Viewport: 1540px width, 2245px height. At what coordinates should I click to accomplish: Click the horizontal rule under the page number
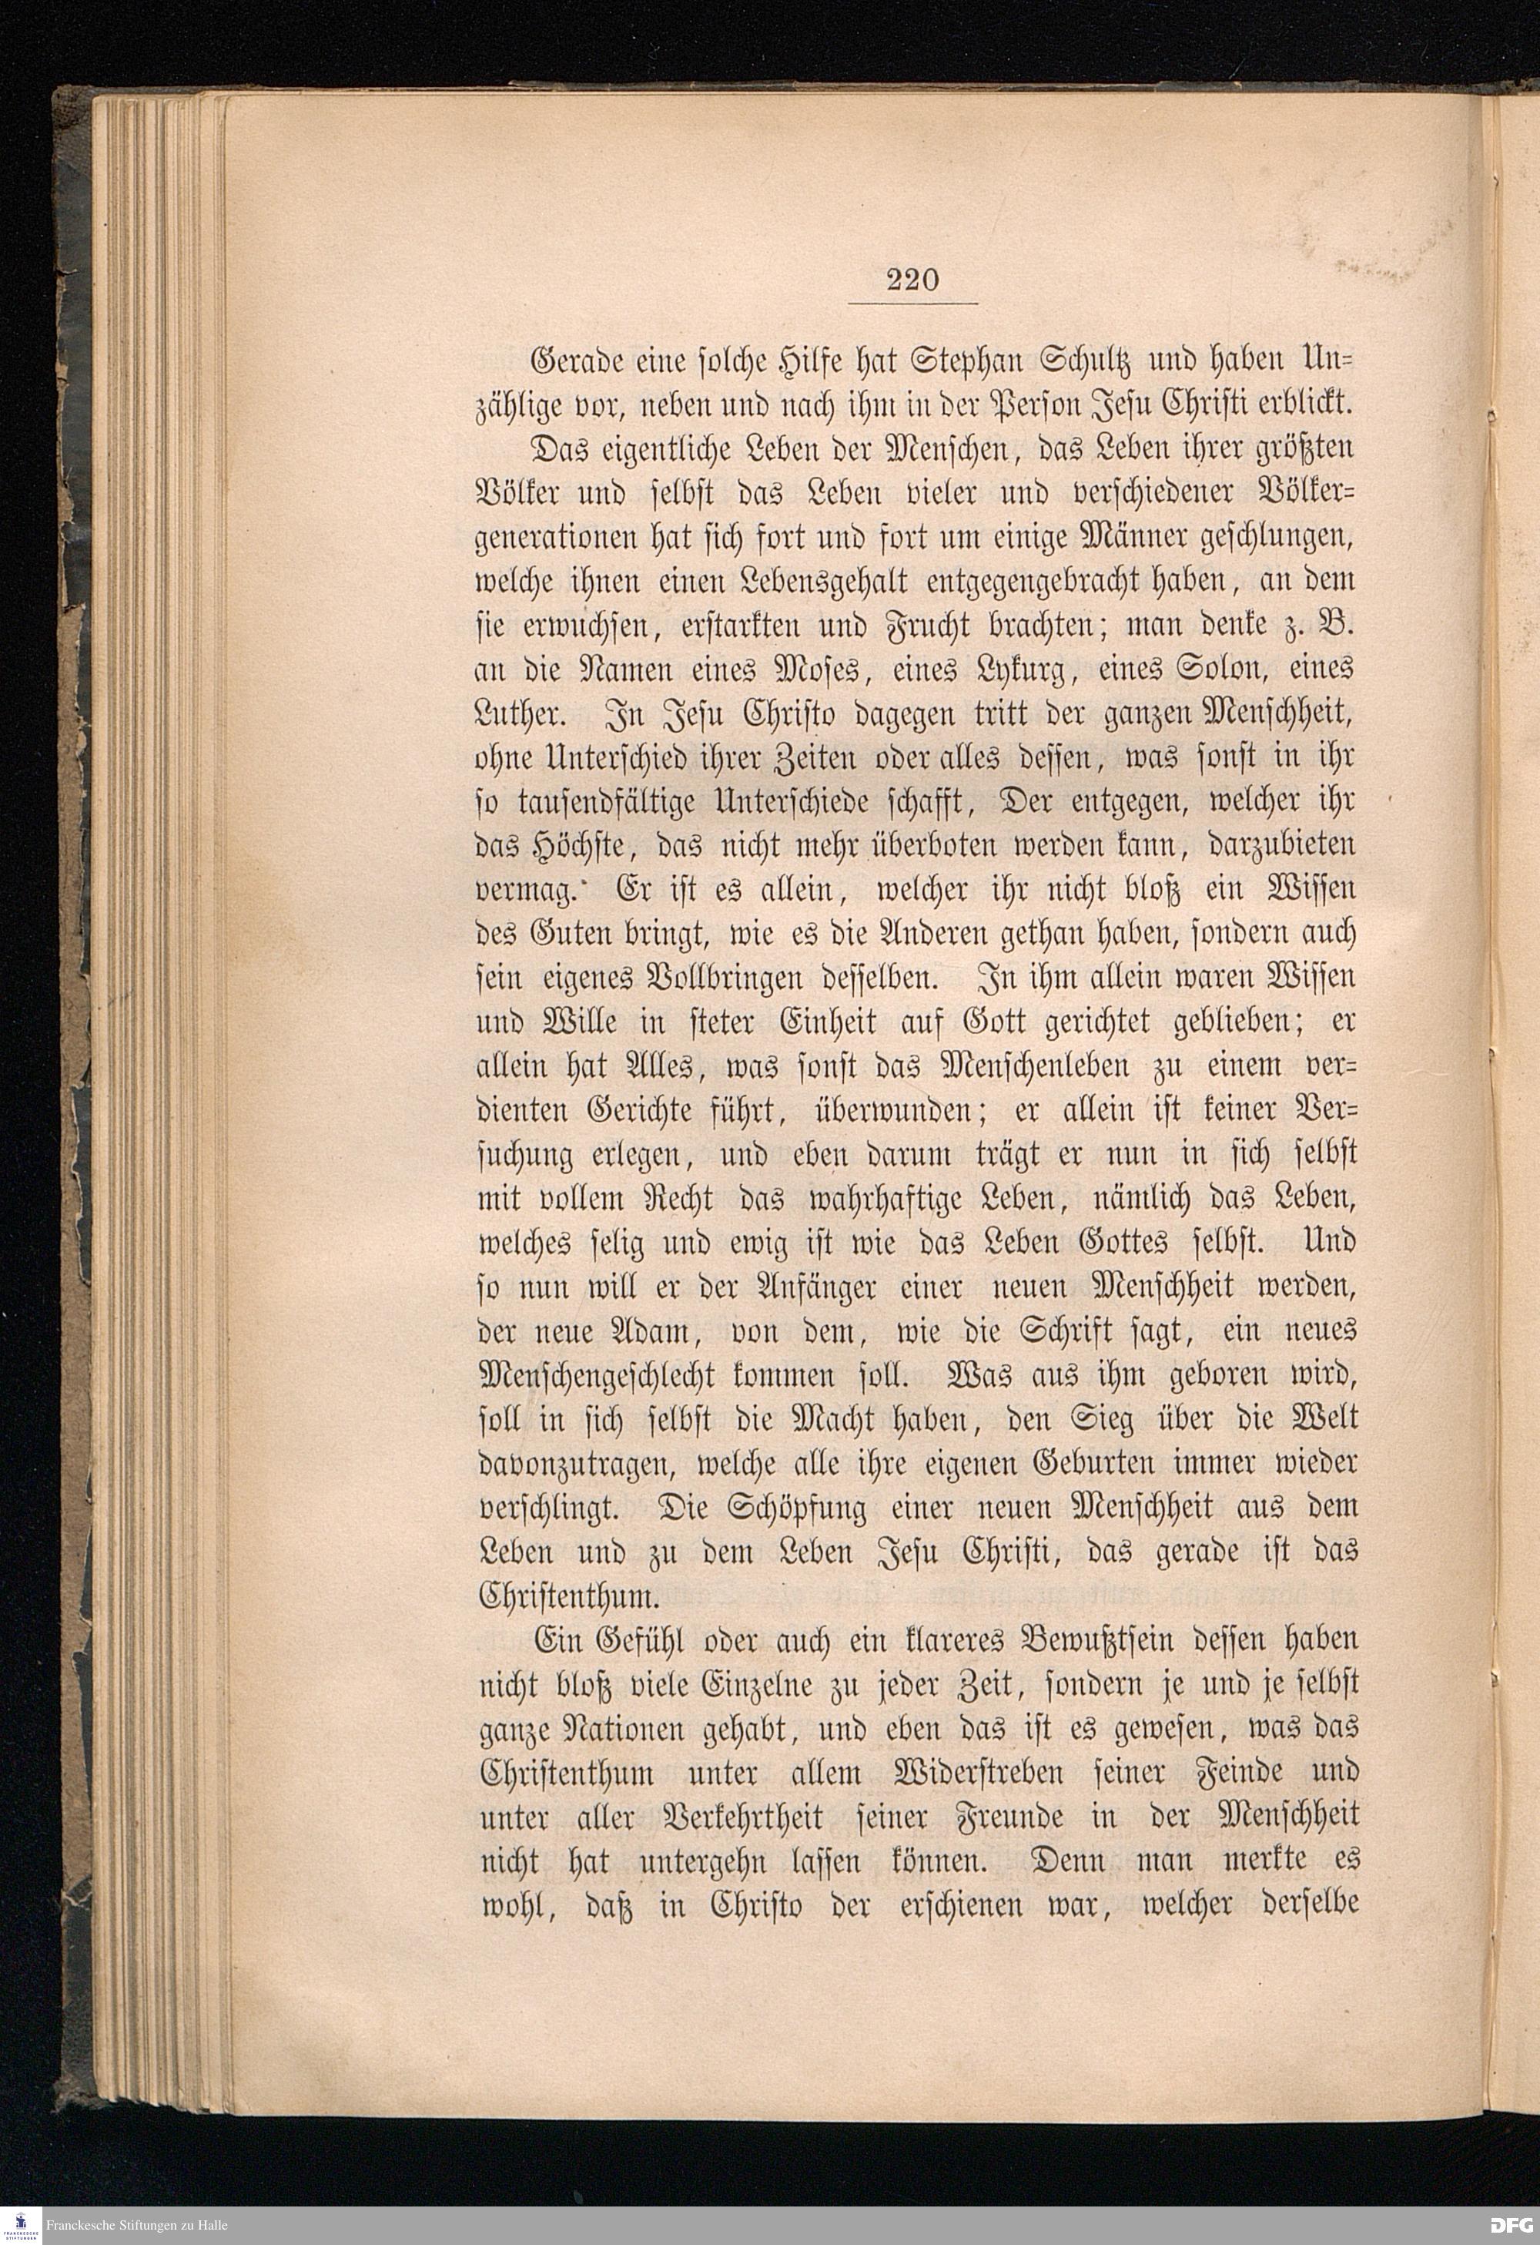tap(912, 304)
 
